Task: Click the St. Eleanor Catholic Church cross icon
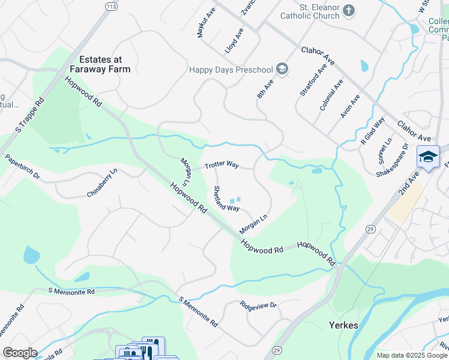coord(349,10)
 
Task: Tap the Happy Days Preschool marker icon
coord(282,69)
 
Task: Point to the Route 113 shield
coord(110,6)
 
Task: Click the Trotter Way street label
coord(221,165)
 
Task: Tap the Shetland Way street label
coord(226,199)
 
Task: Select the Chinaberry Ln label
coord(102,184)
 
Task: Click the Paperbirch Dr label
coord(22,168)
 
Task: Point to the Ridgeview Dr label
coord(258,305)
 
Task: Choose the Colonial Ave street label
coord(331,94)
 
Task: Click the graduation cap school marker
coord(428,158)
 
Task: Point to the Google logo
coord(20,353)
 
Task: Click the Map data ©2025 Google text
coord(412,355)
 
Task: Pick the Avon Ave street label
coord(349,106)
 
